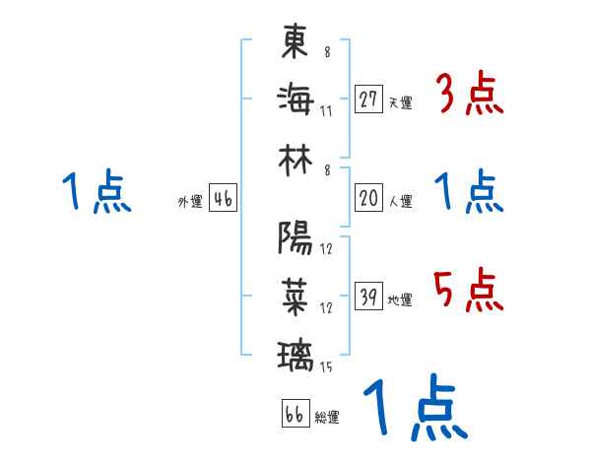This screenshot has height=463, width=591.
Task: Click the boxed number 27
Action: (368, 99)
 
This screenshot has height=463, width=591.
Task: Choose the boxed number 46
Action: (223, 199)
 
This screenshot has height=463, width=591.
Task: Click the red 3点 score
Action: (470, 96)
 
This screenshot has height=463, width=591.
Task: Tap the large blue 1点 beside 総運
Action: (414, 409)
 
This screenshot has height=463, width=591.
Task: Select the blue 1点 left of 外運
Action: (98, 192)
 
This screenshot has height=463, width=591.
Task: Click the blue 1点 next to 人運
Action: (470, 192)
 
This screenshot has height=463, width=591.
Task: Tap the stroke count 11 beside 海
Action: (326, 109)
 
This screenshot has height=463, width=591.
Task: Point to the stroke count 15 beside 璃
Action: (326, 367)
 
